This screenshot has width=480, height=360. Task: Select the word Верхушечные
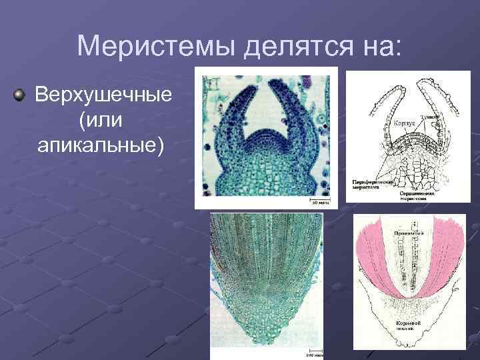click(103, 95)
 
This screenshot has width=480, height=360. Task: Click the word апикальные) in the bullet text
click(100, 144)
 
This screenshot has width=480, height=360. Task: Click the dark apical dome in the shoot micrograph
click(265, 141)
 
